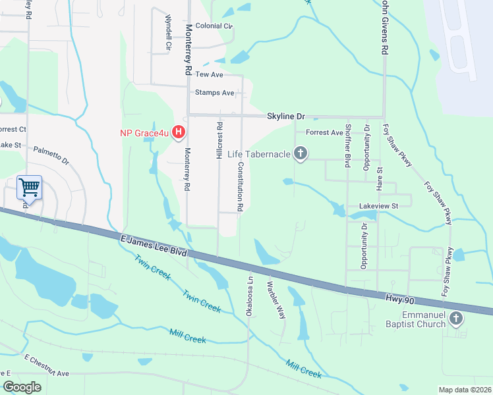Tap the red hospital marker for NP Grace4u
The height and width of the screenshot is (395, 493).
(x=178, y=133)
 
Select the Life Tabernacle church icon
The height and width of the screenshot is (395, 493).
(x=301, y=154)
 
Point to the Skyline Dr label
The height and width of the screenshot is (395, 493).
(x=286, y=116)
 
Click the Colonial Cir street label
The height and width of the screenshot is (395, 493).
(x=214, y=26)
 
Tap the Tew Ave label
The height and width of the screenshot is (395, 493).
(x=209, y=75)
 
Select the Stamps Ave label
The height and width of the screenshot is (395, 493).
(x=214, y=93)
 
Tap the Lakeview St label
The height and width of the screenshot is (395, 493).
(x=379, y=206)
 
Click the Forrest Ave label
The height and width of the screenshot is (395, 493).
(x=325, y=132)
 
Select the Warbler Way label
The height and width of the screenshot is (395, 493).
(x=276, y=300)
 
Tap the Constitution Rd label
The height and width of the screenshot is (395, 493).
(x=241, y=186)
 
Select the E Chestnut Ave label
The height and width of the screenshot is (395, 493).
(x=47, y=365)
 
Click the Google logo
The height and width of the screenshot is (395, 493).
(x=21, y=387)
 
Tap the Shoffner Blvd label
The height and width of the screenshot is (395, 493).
(x=347, y=147)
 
